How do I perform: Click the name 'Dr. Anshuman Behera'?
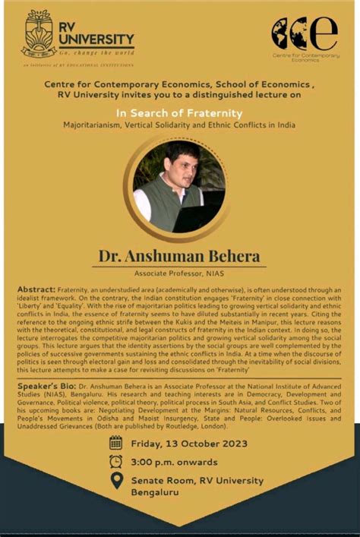179,256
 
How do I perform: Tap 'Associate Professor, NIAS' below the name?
179,273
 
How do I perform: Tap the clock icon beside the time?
115,461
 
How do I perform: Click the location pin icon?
116,481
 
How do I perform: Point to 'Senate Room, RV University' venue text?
197,481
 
